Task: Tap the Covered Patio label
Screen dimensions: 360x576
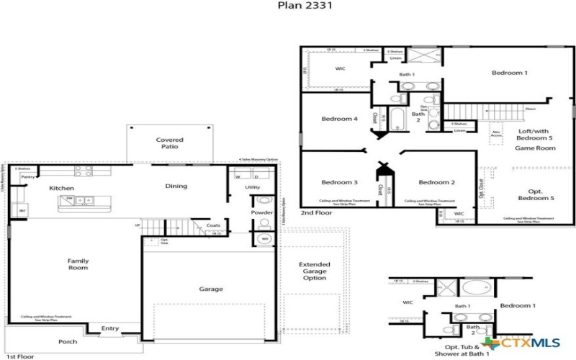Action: [x=170, y=143]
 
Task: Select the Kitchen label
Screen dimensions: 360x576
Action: [x=62, y=188]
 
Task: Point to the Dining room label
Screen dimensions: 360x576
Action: [x=176, y=186]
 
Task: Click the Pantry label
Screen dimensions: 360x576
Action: [x=28, y=176]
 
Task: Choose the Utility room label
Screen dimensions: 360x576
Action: [x=252, y=187]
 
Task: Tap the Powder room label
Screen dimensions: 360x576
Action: [x=262, y=212]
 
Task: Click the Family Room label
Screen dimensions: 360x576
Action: [x=78, y=264]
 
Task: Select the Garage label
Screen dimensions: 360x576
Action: [x=212, y=289]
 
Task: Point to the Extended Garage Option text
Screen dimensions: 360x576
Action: [x=315, y=271]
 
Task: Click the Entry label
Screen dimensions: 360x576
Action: [x=110, y=329]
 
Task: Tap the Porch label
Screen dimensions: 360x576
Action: [x=68, y=341]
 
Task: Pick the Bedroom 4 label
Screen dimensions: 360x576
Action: [x=339, y=119]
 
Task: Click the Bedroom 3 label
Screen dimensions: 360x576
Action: [x=339, y=182]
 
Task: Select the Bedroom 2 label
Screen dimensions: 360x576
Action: [x=437, y=182]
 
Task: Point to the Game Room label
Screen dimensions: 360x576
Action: [x=535, y=148]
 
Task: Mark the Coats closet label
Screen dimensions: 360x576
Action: [x=213, y=225]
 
